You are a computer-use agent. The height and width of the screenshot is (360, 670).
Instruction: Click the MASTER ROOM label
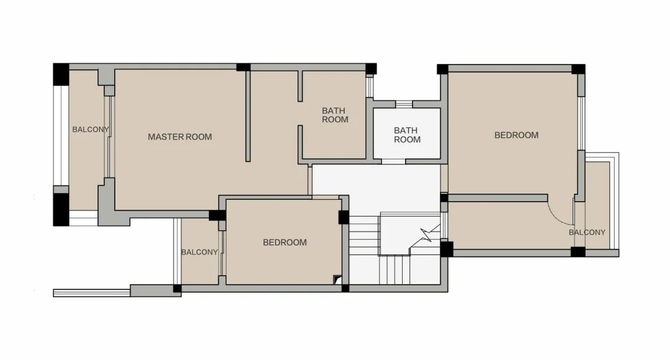coord(180,137)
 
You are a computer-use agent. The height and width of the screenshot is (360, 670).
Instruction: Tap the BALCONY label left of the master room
coord(91,129)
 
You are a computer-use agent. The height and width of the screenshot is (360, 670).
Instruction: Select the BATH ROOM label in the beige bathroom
coord(334,115)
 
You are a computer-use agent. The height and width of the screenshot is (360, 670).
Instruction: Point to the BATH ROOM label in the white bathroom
coord(407,135)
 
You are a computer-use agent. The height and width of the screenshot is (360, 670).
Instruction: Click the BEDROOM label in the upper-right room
coord(516,135)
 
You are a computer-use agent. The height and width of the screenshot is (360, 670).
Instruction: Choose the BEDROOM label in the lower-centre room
coord(285,243)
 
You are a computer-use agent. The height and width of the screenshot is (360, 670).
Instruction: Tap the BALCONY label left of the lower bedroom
coord(200,252)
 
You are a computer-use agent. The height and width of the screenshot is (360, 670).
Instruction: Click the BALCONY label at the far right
coord(587,232)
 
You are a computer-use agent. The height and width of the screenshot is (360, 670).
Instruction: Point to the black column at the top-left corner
coord(61,74)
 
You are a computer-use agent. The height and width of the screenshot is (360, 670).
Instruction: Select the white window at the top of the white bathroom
coord(404,104)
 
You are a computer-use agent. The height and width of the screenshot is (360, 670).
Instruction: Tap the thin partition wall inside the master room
coord(248,116)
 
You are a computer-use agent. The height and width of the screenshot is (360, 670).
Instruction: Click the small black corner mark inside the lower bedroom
coord(337,279)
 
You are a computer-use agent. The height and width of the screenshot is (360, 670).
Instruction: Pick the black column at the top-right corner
coord(578,70)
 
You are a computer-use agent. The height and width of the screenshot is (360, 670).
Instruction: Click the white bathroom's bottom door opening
coord(393,161)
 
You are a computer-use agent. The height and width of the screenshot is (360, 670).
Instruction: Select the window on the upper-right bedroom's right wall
coord(581,123)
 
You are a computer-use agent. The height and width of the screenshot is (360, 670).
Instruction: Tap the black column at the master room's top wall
coord(243,67)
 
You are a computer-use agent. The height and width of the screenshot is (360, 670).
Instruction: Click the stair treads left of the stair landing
coord(365,236)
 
